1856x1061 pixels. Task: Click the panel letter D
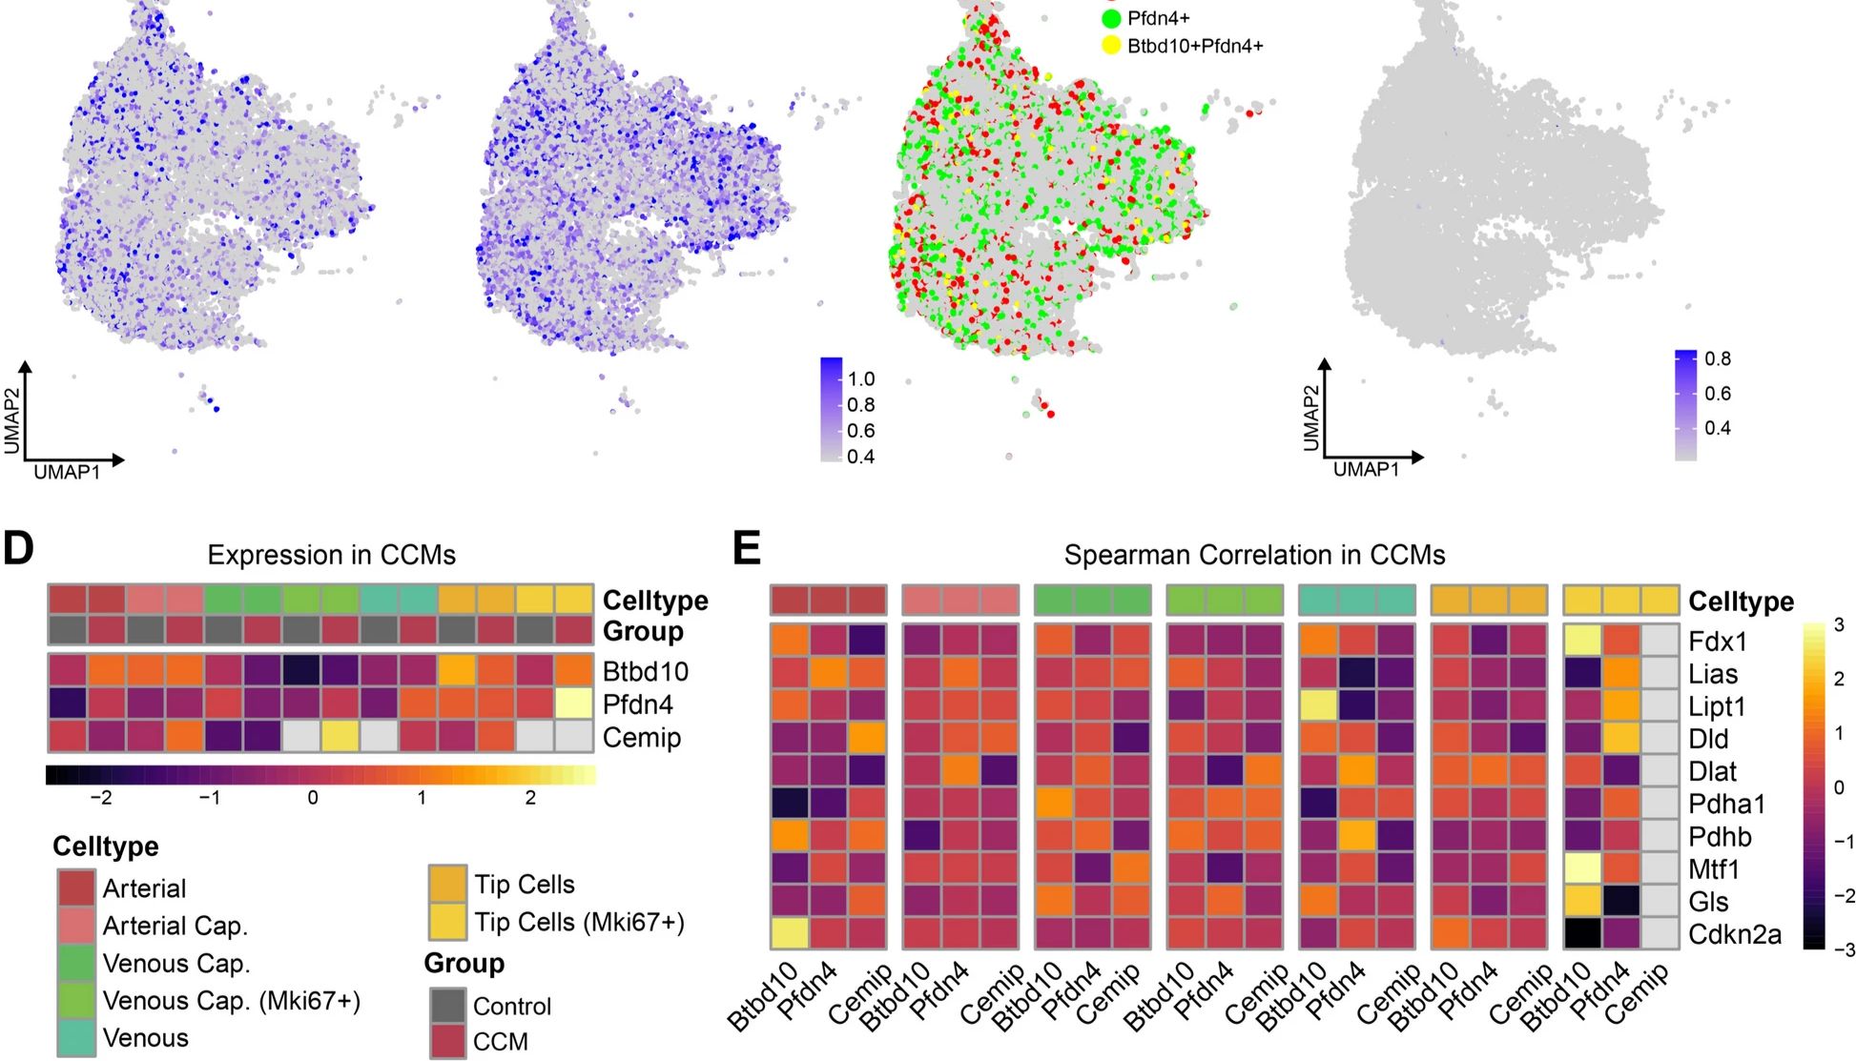18,549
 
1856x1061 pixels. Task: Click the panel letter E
746,549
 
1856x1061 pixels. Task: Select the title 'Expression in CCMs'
331,556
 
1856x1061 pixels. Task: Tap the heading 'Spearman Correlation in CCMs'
1254,556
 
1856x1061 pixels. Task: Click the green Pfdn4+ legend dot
1111,18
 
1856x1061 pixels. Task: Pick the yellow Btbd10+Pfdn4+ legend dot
1111,46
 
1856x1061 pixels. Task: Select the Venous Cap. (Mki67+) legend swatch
76,1001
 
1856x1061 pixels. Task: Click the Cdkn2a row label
1734,935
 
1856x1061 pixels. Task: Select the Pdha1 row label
1726,805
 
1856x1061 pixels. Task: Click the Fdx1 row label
1717,642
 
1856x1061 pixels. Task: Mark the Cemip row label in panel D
642,738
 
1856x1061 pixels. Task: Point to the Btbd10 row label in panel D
646,672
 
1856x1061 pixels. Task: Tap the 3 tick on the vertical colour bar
1840,625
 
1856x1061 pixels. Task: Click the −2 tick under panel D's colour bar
100,798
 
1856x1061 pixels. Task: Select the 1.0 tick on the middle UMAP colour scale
861,379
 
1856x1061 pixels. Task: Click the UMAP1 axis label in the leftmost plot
67,473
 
